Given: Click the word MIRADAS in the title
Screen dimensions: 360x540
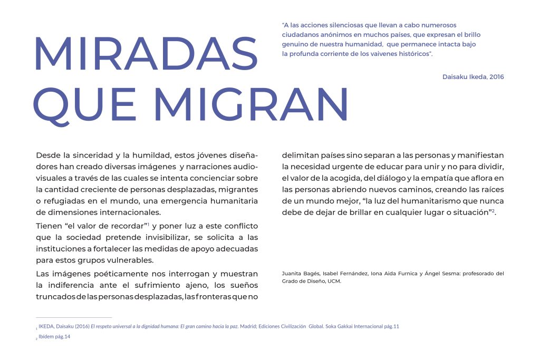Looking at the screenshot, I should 145,55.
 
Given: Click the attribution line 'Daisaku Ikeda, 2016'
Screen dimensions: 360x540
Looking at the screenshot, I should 473,77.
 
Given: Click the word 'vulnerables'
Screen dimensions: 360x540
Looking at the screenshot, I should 130,260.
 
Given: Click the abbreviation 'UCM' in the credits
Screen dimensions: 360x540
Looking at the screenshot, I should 335,281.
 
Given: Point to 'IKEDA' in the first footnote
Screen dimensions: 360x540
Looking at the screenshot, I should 47,326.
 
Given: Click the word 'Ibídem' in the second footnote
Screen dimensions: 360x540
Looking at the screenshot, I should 46,337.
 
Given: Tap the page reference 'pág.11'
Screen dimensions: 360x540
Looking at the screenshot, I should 391,326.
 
